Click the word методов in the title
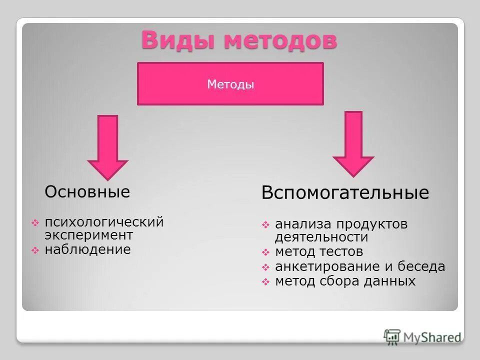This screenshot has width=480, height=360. tap(280, 40)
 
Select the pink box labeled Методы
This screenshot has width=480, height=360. tap(230, 84)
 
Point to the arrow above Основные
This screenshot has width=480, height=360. tap(107, 147)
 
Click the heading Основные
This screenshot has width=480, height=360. tap(87, 191)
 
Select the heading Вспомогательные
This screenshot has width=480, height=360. tap(345, 193)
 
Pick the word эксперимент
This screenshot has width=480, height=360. tap(88, 234)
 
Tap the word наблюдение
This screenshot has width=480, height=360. tap(87, 249)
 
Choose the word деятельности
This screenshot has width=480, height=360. tap(321, 237)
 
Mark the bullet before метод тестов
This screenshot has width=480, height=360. tap(265, 252)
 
